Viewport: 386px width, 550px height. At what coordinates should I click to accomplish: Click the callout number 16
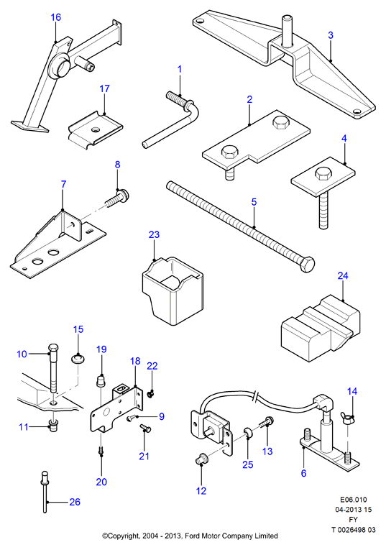(x=56, y=17)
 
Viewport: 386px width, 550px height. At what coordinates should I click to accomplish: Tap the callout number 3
(x=330, y=35)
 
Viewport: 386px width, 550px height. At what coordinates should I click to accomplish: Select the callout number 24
(x=343, y=275)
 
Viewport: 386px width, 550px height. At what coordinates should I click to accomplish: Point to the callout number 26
(x=75, y=502)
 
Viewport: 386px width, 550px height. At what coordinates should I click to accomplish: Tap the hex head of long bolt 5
(x=308, y=265)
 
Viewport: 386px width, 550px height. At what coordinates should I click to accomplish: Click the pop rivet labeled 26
(x=45, y=492)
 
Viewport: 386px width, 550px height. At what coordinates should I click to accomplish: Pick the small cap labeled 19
(x=101, y=380)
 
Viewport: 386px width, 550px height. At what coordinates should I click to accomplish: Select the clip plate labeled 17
(x=95, y=130)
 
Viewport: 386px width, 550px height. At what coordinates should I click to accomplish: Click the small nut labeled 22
(x=150, y=394)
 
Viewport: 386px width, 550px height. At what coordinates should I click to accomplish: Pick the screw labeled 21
(x=145, y=428)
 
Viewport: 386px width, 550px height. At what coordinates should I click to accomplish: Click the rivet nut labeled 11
(x=53, y=425)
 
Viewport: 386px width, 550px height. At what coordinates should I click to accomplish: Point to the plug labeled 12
(x=201, y=459)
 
